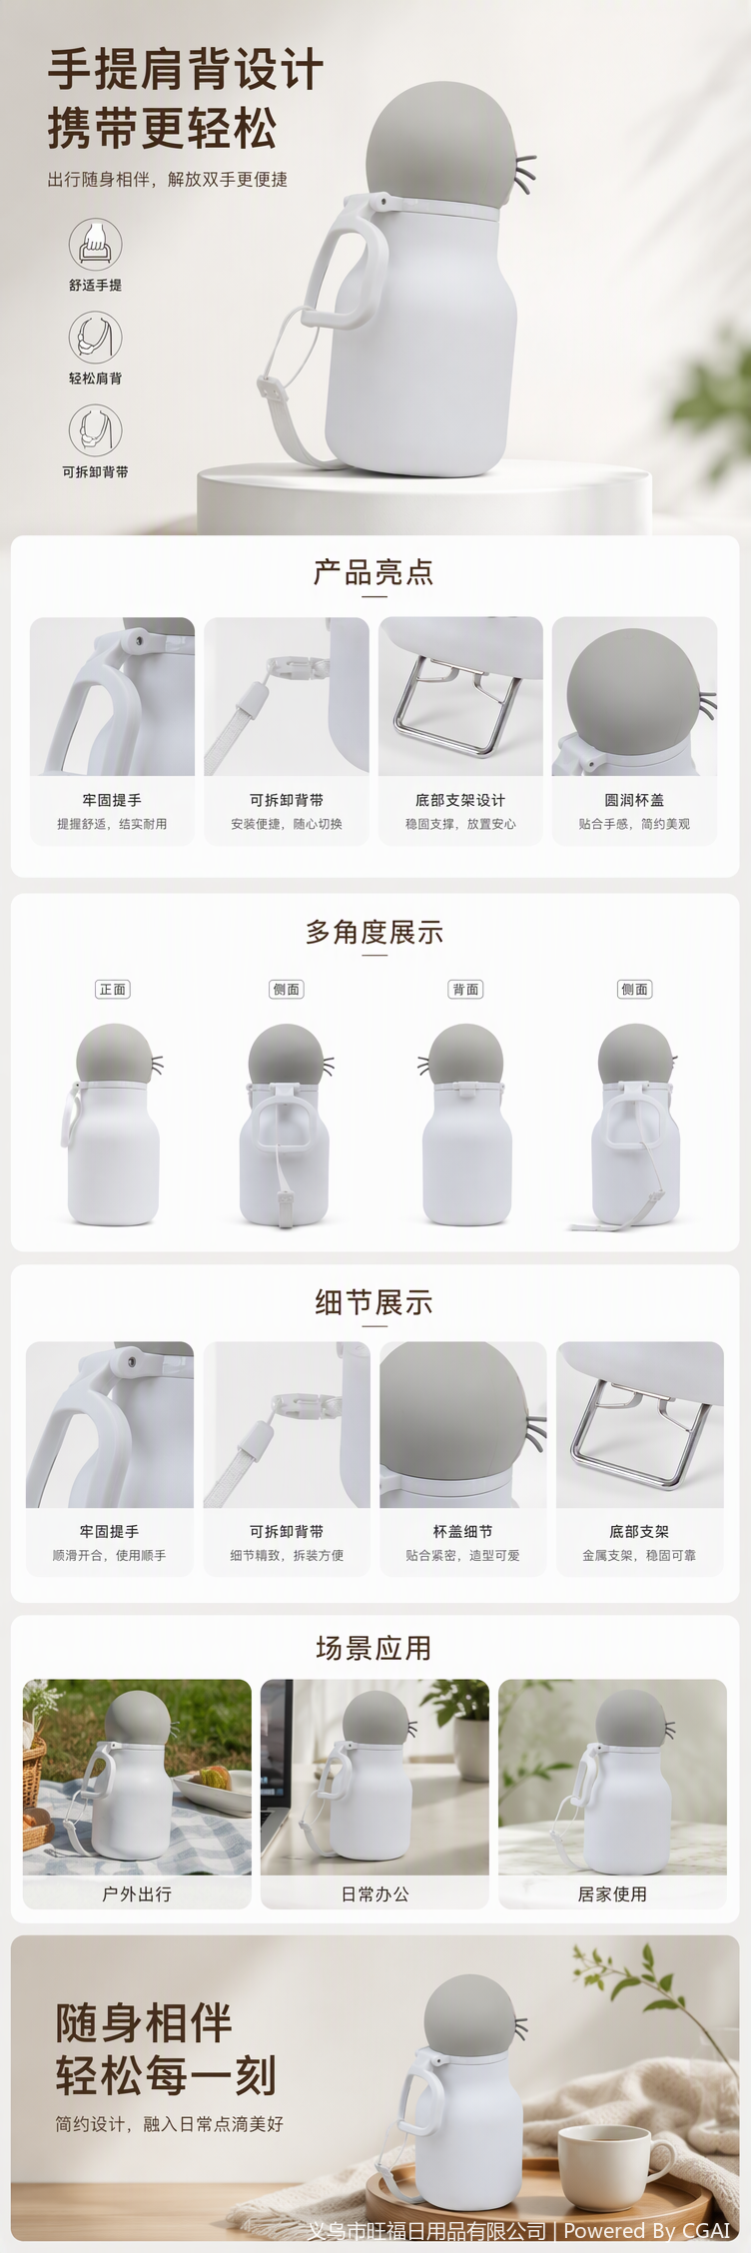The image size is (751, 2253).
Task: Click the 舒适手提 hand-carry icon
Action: point(95,244)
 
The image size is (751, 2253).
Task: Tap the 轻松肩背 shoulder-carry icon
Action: point(95,337)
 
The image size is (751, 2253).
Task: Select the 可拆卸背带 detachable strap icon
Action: point(95,430)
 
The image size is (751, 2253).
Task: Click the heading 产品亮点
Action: point(374,572)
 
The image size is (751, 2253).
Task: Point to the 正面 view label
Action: point(113,989)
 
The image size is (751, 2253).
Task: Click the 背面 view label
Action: point(466,989)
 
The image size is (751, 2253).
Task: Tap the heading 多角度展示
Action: point(374,932)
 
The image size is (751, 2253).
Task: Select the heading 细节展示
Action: point(374,1302)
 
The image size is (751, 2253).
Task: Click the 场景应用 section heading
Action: point(374,1648)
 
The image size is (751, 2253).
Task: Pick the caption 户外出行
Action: point(137,1893)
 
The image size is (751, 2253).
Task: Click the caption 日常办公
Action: point(375,1893)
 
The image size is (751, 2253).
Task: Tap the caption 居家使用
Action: point(612,1893)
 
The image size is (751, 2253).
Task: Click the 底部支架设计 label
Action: point(460,800)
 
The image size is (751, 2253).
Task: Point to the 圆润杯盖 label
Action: point(634,800)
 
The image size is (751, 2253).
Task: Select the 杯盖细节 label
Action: point(462,1531)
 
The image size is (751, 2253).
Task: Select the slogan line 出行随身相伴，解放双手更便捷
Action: point(168,180)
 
